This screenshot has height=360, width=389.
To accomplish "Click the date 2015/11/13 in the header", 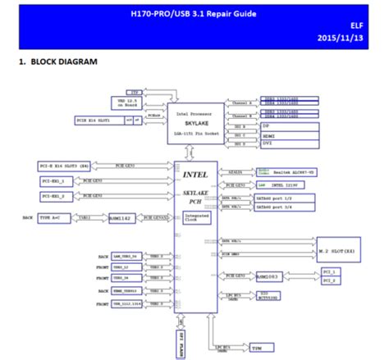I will pos(351,40).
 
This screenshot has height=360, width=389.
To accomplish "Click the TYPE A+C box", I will pos(51,218).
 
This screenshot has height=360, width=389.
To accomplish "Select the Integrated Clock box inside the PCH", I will pos(198,218).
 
